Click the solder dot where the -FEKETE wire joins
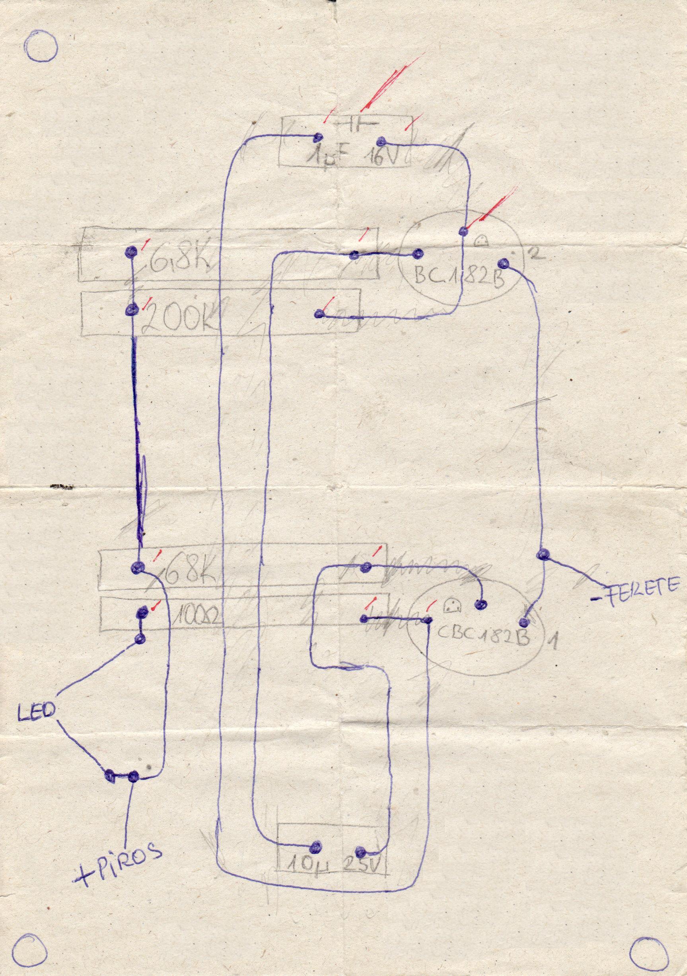[543, 554]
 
